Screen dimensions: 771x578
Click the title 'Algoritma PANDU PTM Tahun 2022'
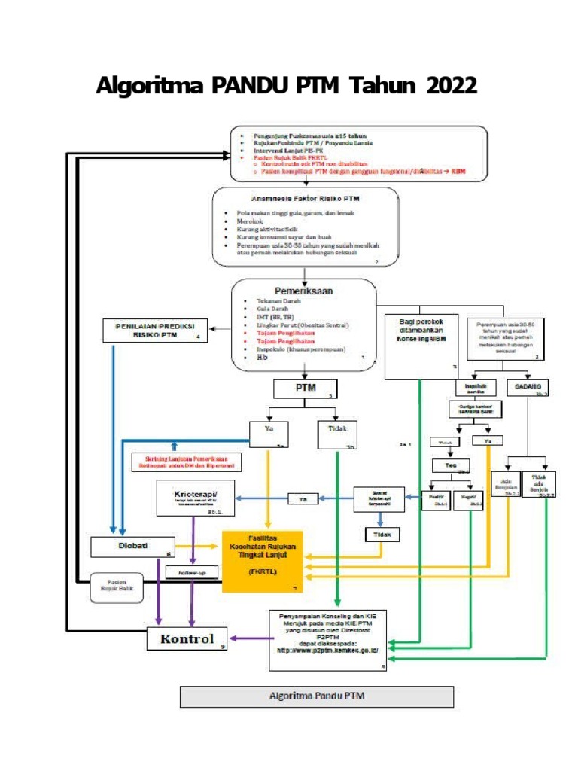286,87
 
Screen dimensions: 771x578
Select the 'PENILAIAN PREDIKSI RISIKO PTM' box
155,331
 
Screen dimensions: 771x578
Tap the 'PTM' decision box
305,389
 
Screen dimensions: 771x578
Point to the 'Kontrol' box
187,639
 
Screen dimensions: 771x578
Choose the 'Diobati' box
132,547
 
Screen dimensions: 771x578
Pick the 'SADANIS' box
528,386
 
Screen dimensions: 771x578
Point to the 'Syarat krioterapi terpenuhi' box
380,498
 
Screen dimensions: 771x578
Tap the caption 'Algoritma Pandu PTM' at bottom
316,696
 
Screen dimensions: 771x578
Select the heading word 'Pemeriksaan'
303,290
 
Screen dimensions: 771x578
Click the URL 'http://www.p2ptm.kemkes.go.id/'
327,650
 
